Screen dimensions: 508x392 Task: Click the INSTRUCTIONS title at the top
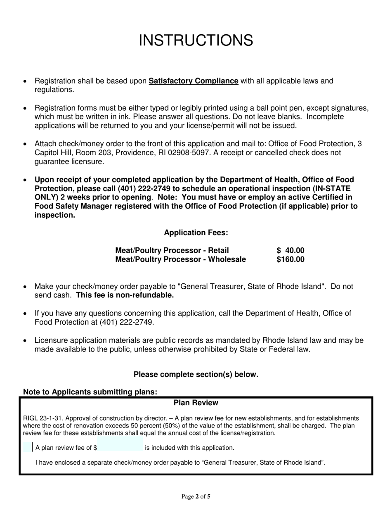(x=196, y=40)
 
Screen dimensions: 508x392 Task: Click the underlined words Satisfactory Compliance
(x=193, y=81)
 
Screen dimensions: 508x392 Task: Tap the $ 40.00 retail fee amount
(x=290, y=250)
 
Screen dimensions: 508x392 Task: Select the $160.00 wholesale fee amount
(x=290, y=259)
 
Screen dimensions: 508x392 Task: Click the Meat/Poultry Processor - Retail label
(x=172, y=250)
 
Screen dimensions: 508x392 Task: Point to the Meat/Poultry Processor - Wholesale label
(x=181, y=259)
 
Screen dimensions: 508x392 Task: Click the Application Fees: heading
(x=196, y=233)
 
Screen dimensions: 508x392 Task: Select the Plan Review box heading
(x=196, y=403)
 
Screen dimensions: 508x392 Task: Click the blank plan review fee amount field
(x=120, y=447)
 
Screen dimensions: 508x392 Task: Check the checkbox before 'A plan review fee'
(x=28, y=447)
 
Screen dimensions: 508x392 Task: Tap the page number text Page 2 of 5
(x=196, y=497)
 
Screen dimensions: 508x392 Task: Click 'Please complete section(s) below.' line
(x=196, y=375)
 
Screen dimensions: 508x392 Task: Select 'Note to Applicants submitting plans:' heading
(x=90, y=392)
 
